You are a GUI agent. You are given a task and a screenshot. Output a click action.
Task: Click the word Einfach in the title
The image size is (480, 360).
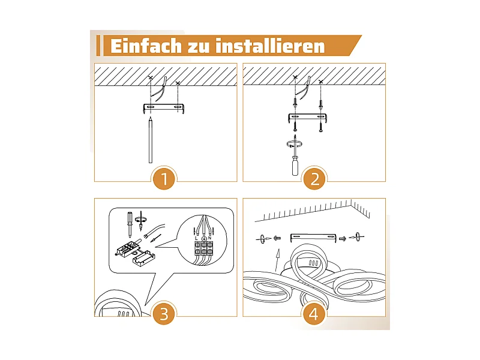click(146, 46)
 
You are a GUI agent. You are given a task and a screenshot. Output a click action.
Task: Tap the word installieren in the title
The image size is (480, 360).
click(270, 46)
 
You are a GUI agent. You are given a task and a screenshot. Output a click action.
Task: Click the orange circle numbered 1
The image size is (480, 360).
click(164, 178)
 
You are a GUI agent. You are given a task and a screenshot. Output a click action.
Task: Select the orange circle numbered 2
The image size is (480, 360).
click(314, 178)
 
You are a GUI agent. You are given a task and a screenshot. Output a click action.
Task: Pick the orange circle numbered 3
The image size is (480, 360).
click(164, 313)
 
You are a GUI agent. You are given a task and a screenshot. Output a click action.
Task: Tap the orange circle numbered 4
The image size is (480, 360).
click(313, 313)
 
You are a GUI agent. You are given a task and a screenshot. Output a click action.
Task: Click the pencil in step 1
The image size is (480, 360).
click(151, 140)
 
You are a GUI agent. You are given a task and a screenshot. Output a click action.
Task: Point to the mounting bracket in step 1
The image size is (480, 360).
click(163, 108)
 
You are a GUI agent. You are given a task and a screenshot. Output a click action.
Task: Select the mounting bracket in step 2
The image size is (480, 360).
click(308, 118)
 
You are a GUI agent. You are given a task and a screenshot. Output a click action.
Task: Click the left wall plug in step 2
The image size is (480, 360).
click(295, 103)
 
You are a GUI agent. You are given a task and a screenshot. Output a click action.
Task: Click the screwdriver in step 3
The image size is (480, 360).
click(130, 224)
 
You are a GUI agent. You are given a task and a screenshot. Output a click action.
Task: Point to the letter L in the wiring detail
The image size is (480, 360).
click(197, 238)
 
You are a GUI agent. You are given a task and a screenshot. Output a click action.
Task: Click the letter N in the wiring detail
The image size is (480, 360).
click(209, 238)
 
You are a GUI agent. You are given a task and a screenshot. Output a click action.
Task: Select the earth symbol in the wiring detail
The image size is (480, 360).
click(203, 238)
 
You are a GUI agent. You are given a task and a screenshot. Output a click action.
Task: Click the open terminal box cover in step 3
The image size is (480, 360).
click(143, 259)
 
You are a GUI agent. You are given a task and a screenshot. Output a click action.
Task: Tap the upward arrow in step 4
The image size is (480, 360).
click(277, 260)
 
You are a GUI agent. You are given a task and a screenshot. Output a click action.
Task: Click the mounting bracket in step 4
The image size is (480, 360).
click(313, 238)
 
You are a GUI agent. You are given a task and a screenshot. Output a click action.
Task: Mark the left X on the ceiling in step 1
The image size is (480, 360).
click(151, 78)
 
